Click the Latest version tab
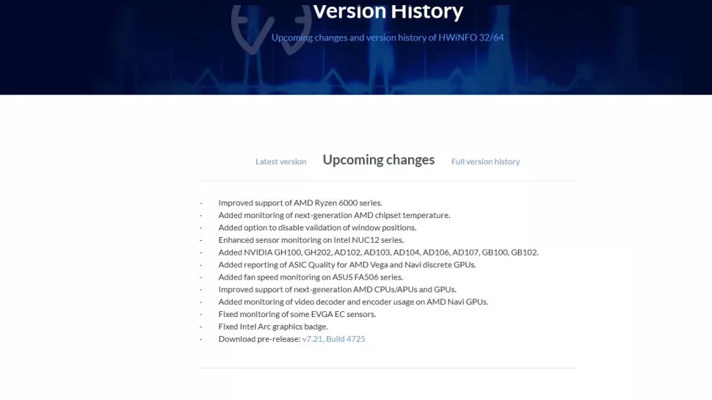pyautogui.click(x=280, y=161)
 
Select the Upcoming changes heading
pyautogui.click(x=379, y=160)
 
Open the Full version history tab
pyautogui.click(x=485, y=161)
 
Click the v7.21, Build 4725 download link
pyautogui.click(x=333, y=339)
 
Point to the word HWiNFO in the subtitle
pyautogui.click(x=459, y=37)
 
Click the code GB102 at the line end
pyautogui.click(x=524, y=252)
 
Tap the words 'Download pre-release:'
pyautogui.click(x=258, y=339)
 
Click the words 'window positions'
pyautogui.click(x=383, y=228)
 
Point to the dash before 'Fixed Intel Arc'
pyautogui.click(x=200, y=327)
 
